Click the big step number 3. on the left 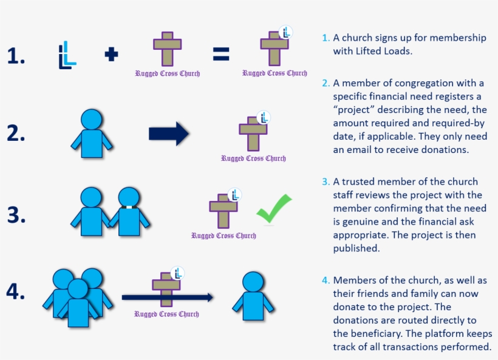click(x=16, y=215)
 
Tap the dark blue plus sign click(x=111, y=55)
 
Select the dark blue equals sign click(x=221, y=55)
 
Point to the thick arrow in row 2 click(x=169, y=134)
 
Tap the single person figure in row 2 click(x=92, y=133)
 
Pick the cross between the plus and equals click(x=167, y=49)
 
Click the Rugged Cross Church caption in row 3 click(x=223, y=236)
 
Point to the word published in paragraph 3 click(x=356, y=248)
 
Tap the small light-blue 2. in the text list click(x=326, y=83)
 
